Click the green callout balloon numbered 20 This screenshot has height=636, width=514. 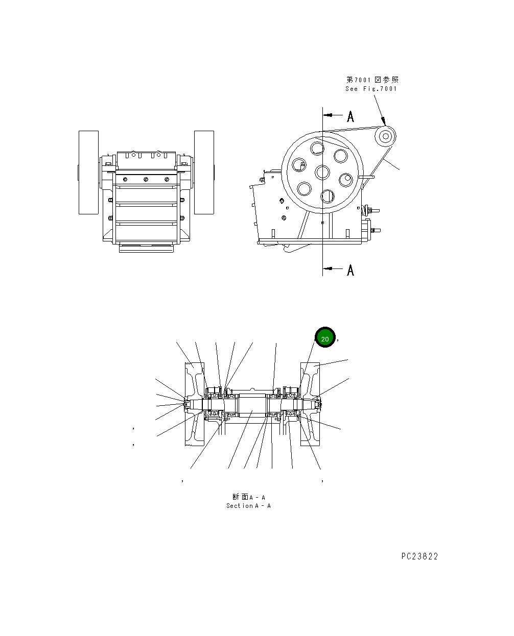pos(324,338)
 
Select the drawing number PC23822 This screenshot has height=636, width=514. pos(419,556)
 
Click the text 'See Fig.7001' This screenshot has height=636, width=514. pos(371,89)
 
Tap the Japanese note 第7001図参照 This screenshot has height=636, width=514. pos(372,80)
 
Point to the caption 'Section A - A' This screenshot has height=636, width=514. pos(248,506)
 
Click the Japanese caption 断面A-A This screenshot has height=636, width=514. pos(248,497)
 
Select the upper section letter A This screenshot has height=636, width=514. pos(351,117)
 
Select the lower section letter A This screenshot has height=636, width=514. pos(351,270)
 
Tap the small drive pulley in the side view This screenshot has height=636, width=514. pos(385,136)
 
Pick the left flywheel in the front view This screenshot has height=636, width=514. pos(88,172)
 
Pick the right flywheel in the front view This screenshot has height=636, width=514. pos(204,172)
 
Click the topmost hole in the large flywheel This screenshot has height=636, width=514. pos(317,148)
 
